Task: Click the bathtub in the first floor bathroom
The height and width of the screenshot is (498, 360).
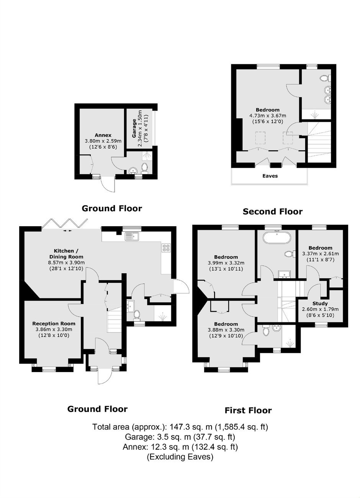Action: (x=277, y=237)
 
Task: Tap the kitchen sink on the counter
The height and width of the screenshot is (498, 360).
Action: (x=132, y=236)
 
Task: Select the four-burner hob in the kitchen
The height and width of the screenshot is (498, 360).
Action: (x=166, y=248)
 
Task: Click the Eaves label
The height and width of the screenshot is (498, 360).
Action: (x=270, y=176)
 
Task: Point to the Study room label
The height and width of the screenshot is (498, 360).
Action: (x=320, y=303)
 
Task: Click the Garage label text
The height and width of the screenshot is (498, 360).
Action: (x=134, y=128)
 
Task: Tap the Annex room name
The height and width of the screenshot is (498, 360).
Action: (x=103, y=135)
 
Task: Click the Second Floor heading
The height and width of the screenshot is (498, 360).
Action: (x=272, y=211)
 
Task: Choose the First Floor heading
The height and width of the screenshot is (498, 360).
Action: (x=248, y=410)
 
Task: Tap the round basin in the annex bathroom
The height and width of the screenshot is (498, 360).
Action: (x=133, y=171)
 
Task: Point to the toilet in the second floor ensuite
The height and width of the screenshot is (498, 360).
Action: (x=324, y=78)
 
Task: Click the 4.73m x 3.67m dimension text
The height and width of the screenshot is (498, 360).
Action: (x=268, y=116)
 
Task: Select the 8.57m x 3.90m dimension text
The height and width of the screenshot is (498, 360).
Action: (x=66, y=262)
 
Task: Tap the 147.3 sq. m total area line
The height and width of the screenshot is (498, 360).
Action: (x=180, y=427)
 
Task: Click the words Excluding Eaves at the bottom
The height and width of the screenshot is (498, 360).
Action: (x=180, y=457)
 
